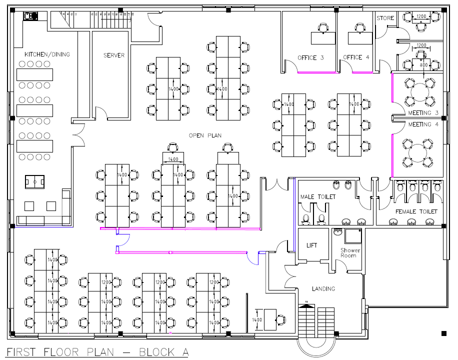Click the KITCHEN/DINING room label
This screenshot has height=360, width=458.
47,54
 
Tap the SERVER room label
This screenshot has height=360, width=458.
114,55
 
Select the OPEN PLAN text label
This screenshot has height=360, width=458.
205,135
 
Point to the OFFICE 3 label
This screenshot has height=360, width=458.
310,57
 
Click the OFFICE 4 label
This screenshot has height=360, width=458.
356,57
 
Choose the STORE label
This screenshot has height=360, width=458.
385,18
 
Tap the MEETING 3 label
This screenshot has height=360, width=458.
423,113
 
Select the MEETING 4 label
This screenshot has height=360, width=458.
423,124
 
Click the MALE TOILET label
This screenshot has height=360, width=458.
317,197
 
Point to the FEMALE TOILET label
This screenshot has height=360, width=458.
416,212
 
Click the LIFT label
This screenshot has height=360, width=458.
312,245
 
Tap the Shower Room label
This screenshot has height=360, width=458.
348,252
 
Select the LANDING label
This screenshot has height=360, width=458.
323,288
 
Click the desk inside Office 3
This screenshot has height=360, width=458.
323,37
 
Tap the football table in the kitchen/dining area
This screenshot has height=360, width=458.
34,181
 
